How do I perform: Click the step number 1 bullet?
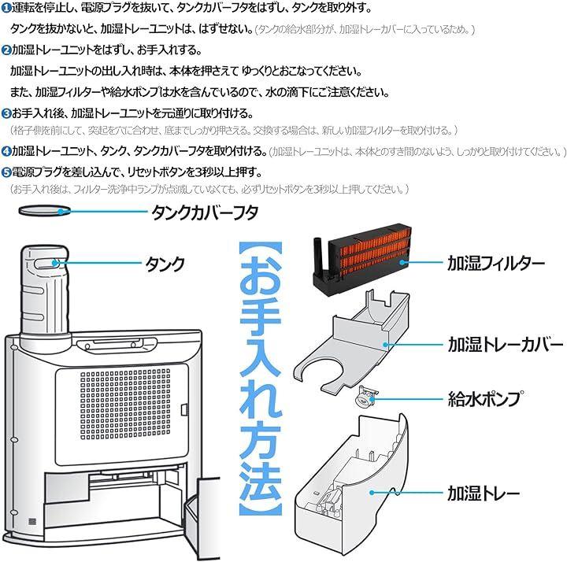pyautogui.click(x=6, y=9)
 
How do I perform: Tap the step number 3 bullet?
pyautogui.click(x=6, y=112)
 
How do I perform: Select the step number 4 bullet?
pyautogui.click(x=6, y=150)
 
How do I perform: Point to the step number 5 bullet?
pyautogui.click(x=6, y=171)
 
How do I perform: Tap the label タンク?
pyautogui.click(x=165, y=263)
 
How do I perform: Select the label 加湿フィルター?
pyautogui.click(x=496, y=263)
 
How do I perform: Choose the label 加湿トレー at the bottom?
pyautogui.click(x=484, y=494)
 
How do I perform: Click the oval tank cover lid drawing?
pyautogui.click(x=40, y=210)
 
